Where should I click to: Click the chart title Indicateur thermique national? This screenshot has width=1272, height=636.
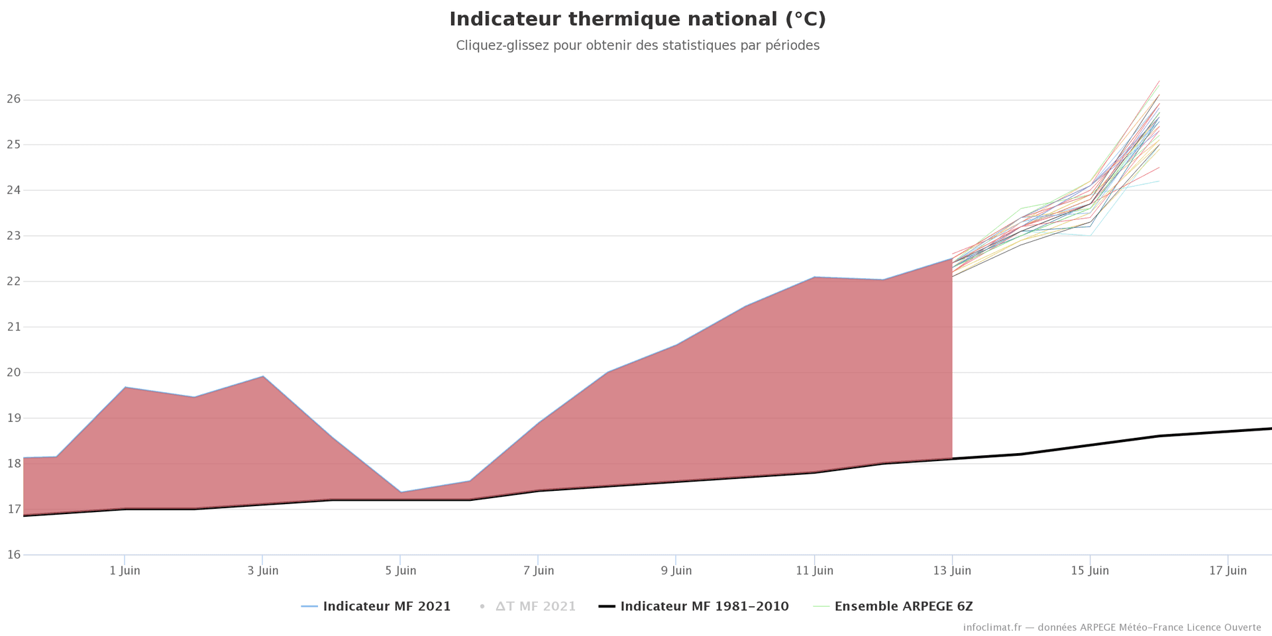(637, 19)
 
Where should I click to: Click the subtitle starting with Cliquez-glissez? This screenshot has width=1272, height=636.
(637, 46)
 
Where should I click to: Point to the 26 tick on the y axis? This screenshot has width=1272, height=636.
(14, 99)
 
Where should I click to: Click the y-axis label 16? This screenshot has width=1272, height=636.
(14, 555)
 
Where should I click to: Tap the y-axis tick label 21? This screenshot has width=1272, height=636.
(14, 327)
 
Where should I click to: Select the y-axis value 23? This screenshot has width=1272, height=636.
(14, 236)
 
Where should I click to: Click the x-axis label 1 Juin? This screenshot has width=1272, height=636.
(125, 570)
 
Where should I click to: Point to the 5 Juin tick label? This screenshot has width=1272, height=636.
(400, 570)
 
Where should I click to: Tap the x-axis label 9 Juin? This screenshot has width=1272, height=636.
(676, 570)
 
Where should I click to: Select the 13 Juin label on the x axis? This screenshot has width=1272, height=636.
(952, 570)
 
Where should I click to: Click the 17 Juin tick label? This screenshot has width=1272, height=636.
(1228, 570)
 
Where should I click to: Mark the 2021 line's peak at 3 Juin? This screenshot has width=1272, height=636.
(263, 376)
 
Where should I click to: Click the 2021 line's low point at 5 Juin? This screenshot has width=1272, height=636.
(400, 492)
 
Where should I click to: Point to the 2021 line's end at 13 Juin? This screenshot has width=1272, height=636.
(952, 259)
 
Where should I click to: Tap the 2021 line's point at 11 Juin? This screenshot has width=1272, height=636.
(814, 277)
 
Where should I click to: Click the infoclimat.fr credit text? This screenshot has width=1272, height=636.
(1112, 627)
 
